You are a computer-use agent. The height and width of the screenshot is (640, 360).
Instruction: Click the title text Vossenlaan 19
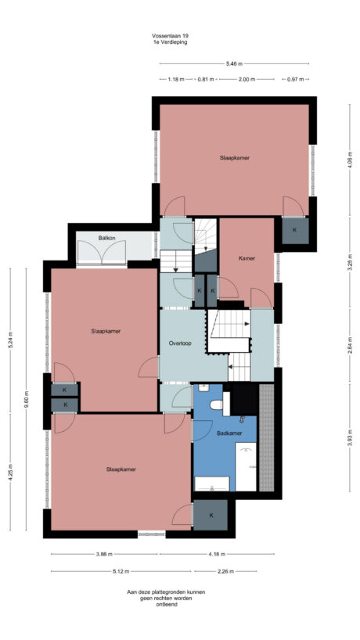(170, 36)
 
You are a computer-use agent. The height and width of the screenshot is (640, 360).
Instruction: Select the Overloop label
(180, 343)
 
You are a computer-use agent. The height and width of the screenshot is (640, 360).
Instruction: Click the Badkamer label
(229, 433)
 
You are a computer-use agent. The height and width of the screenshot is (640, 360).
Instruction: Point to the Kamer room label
(247, 257)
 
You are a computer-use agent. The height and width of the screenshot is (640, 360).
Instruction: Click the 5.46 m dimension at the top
(234, 63)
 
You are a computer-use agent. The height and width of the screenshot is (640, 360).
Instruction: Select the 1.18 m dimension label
(176, 79)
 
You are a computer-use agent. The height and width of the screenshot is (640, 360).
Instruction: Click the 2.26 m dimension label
(227, 570)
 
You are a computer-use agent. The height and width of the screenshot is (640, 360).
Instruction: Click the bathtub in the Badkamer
(246, 467)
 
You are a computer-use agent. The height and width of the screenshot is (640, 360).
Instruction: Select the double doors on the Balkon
(102, 253)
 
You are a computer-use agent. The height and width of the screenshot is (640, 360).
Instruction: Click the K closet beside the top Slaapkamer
(294, 230)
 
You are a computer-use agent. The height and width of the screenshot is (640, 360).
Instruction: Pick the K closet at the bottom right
(211, 515)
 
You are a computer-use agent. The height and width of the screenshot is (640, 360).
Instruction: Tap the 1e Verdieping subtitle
(170, 42)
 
